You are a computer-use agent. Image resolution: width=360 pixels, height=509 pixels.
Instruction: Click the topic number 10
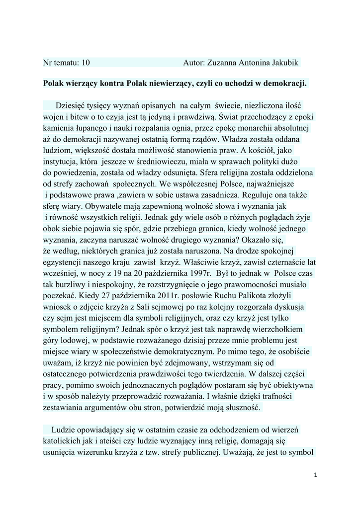click(86, 63)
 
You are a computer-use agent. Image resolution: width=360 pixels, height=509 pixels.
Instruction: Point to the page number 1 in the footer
click(315, 475)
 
